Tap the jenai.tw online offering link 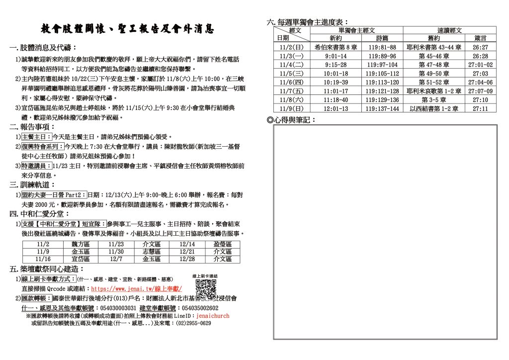(137, 288)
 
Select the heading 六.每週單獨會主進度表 (308, 22)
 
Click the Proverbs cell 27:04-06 (480, 83)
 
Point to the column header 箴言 (480, 38)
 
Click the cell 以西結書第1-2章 (434, 109)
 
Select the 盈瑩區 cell (222, 244)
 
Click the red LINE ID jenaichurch (213, 315)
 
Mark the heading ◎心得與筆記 (292, 120)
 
